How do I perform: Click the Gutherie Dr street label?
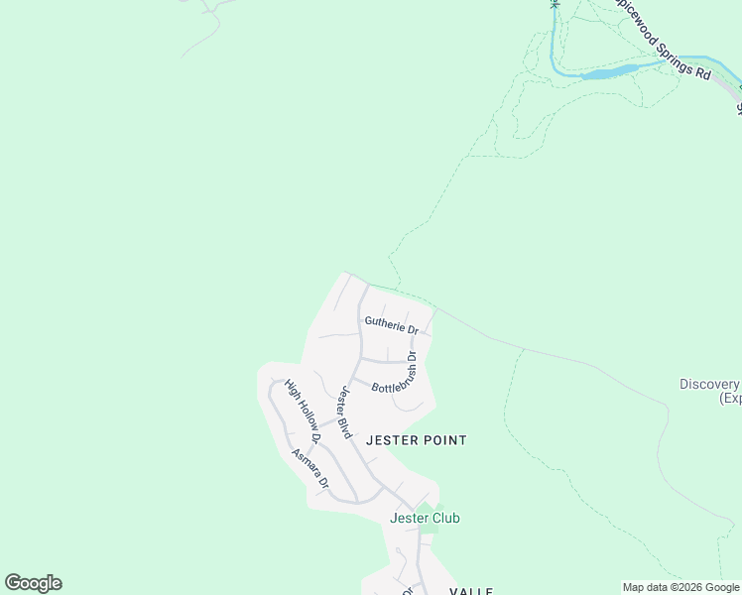[391, 323]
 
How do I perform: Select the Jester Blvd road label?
[344, 413]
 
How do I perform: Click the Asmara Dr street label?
[309, 469]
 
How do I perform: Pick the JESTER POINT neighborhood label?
[417, 439]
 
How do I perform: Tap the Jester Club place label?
[425, 518]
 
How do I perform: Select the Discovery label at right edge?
[709, 385]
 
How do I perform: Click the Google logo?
[33, 583]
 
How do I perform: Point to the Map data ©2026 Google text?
[680, 587]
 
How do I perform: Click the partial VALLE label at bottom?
[471, 591]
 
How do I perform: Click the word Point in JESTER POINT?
[443, 439]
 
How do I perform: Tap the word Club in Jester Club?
[444, 518]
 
